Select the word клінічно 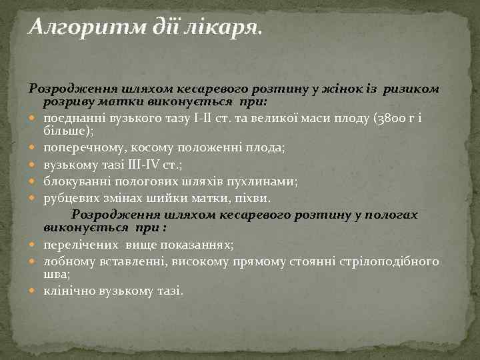click(x=69, y=291)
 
